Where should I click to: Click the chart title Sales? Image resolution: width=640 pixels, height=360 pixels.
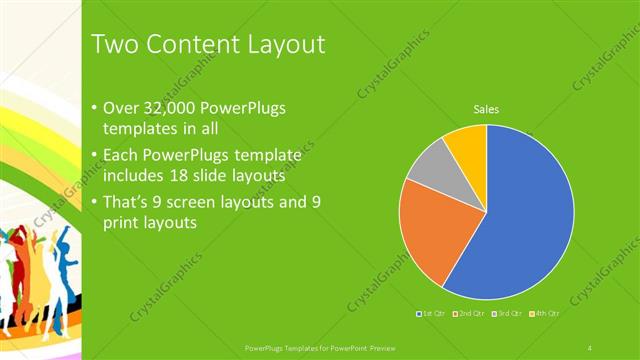point(486,109)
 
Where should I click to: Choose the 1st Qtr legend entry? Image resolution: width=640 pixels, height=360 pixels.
point(431,314)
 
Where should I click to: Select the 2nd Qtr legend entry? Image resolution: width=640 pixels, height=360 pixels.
point(470,314)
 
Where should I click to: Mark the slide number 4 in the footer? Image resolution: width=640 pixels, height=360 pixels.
point(590,347)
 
